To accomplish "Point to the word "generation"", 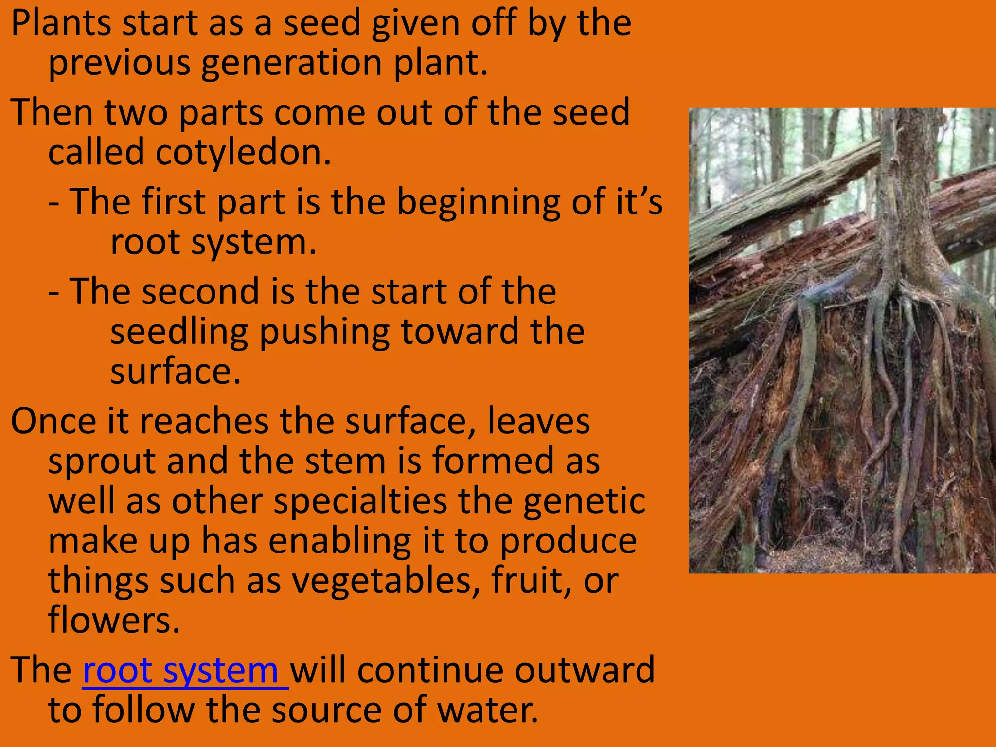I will coord(291,64).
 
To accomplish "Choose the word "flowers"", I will coord(114,621).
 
